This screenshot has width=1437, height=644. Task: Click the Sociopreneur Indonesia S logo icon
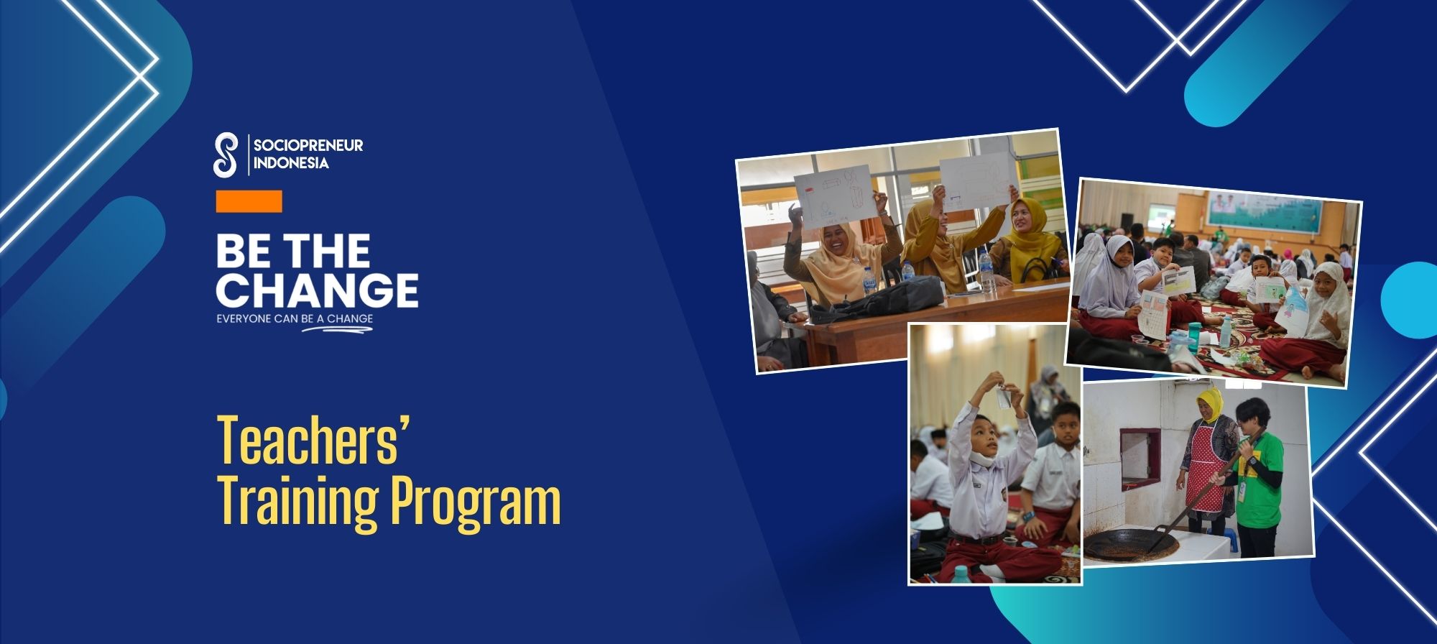(x=226, y=155)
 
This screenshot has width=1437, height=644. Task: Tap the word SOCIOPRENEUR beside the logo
(x=308, y=145)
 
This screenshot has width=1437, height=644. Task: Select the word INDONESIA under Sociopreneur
(x=291, y=163)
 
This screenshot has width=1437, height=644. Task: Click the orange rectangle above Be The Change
(x=249, y=201)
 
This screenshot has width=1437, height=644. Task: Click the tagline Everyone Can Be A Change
(x=295, y=318)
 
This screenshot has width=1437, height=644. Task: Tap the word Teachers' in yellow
(x=313, y=440)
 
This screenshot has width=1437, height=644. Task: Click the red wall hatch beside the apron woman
(x=1140, y=455)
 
